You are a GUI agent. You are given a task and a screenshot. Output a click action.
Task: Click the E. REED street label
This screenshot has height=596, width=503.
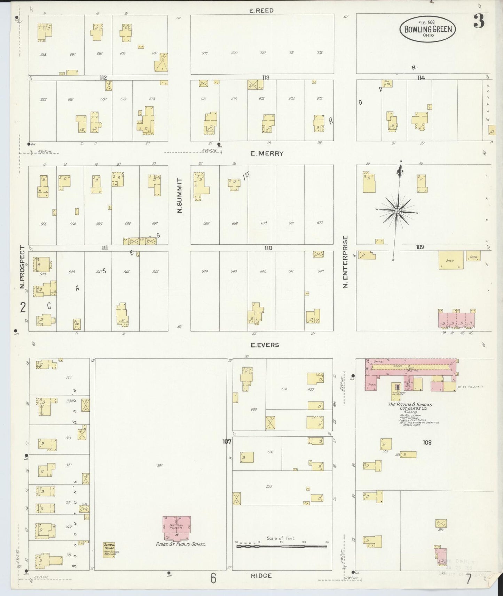pyautogui.click(x=261, y=10)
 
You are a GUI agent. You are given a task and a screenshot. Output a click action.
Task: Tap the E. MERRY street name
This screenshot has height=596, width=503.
pyautogui.click(x=267, y=153)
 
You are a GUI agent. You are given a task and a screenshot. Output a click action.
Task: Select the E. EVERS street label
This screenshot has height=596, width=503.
pyautogui.click(x=265, y=345)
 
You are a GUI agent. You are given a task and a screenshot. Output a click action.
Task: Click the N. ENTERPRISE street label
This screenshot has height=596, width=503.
pyautogui.click(x=345, y=262)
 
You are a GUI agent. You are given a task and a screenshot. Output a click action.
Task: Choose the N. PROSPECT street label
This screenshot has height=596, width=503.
pyautogui.click(x=23, y=267)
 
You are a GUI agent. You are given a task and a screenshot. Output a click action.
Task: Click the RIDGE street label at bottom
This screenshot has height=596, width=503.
pyautogui.click(x=261, y=576)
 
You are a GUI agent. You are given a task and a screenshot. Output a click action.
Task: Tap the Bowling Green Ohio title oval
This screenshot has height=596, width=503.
pyautogui.click(x=428, y=29)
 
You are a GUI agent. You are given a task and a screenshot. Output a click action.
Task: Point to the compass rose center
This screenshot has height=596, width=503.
pyautogui.click(x=397, y=211)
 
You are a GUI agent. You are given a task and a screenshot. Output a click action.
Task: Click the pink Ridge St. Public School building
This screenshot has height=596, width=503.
pyautogui.click(x=176, y=528)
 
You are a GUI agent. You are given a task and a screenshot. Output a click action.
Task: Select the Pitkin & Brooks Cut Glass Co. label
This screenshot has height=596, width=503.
pyautogui.click(x=410, y=407)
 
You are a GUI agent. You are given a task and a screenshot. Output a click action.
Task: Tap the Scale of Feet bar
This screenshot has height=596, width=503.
pyautogui.click(x=281, y=547)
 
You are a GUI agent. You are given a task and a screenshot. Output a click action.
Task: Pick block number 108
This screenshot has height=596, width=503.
pyautogui.click(x=427, y=442)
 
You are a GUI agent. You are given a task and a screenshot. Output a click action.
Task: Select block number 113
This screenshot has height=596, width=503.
pyautogui.click(x=266, y=77)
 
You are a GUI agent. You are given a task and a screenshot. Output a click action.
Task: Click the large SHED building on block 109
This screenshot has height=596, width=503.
pyautogui.click(x=451, y=260)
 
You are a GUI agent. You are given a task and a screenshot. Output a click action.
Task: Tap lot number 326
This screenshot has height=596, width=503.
pyautogui.click(x=159, y=465)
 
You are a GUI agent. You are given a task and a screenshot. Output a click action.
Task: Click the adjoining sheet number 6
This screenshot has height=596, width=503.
pyautogui.click(x=213, y=578)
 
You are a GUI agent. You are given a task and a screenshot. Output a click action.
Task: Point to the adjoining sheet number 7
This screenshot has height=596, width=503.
pyautogui.click(x=469, y=579)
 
